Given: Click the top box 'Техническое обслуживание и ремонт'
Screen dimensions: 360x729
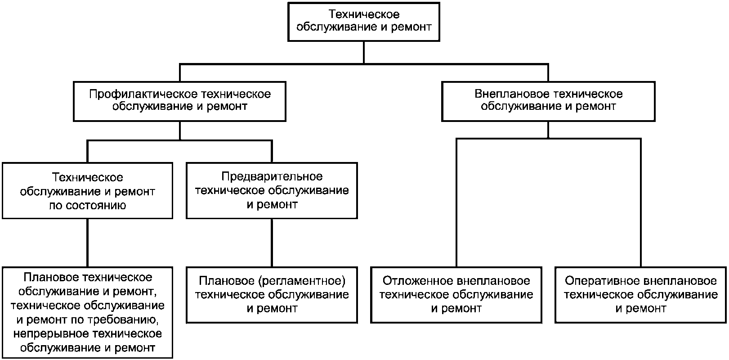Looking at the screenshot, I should pos(363,21).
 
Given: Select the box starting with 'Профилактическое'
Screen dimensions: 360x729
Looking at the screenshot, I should pos(179,101).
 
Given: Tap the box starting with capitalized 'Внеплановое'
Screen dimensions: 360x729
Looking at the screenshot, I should pos(548,101).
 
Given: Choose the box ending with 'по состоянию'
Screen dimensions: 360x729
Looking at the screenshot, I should pos(87,191).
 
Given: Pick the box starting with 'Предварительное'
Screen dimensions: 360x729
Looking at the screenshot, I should pos(272,191).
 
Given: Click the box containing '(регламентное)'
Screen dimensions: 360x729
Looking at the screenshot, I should pos(272,295).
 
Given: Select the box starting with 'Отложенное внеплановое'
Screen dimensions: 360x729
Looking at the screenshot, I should pos(456,295).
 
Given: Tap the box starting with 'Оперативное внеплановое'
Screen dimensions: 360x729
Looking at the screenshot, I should pos(640,295).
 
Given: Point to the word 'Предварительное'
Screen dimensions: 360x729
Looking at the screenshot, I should pos(272,176).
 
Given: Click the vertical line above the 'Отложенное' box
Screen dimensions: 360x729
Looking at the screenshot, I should pos(456,202).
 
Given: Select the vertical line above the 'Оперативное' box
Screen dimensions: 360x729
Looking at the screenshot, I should pos(640,202).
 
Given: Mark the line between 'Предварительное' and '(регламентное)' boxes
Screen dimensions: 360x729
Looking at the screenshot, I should pos(272,243).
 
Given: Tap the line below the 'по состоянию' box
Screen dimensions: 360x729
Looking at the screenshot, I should pos(87,243).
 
